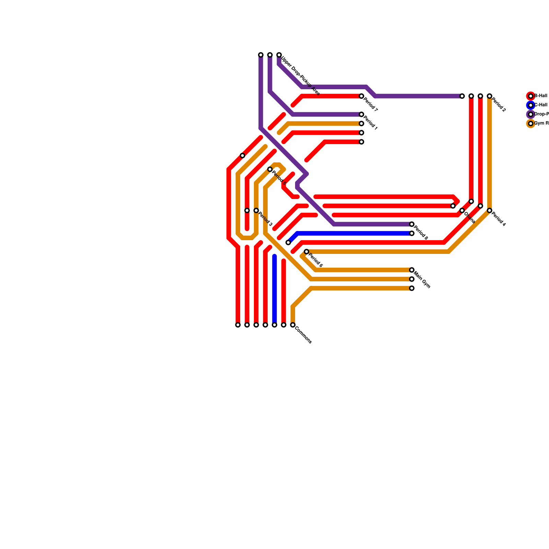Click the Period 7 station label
pos(371,105)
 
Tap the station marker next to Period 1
pos(361,114)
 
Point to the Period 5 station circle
pos(270,170)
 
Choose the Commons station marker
pos(293,325)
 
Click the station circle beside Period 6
pos(306,252)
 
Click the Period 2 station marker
pos(490,96)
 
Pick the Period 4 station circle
pos(490,211)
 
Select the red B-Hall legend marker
pos(531,96)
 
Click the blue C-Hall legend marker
pos(531,105)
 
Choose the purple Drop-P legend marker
pos(531,114)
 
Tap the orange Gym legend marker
pos(531,124)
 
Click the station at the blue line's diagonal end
pos(288,243)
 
